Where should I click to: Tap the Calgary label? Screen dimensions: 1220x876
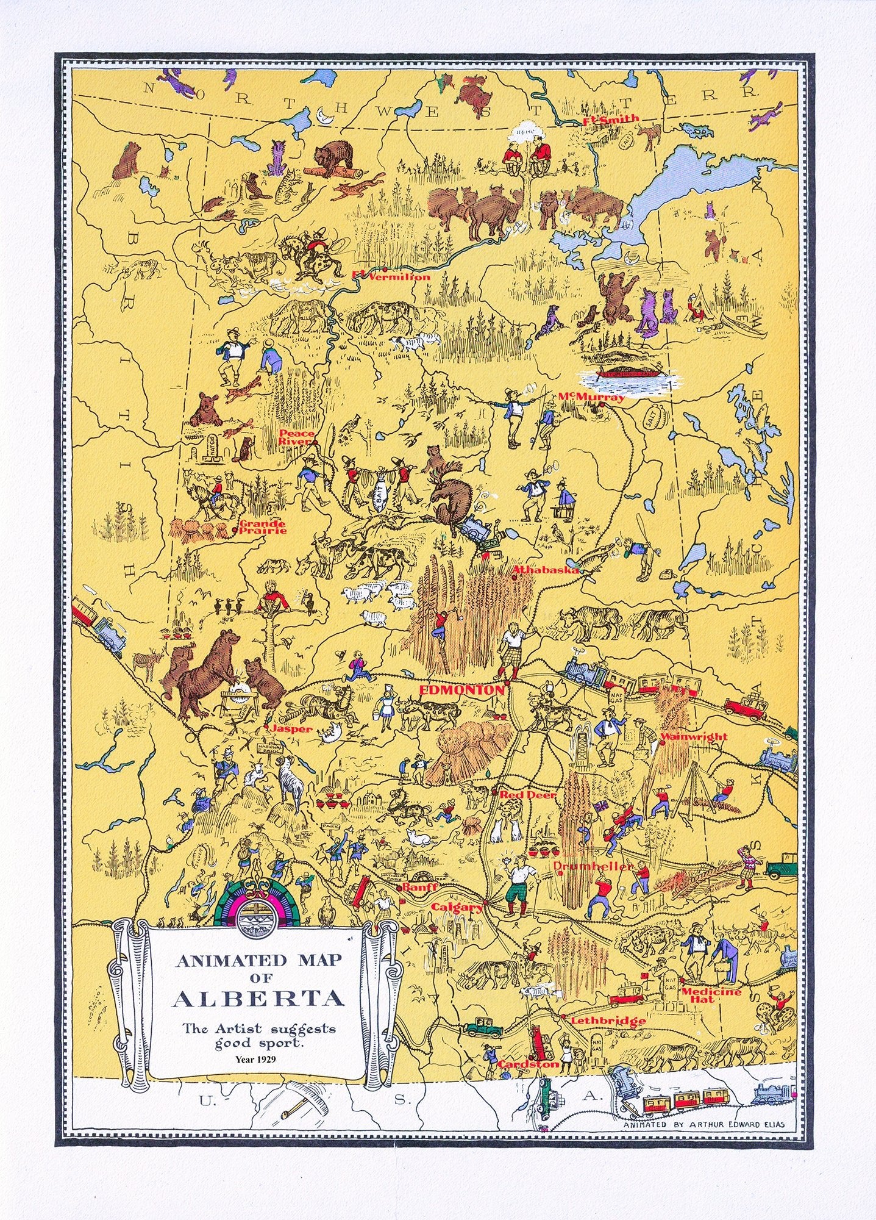[457, 907]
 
